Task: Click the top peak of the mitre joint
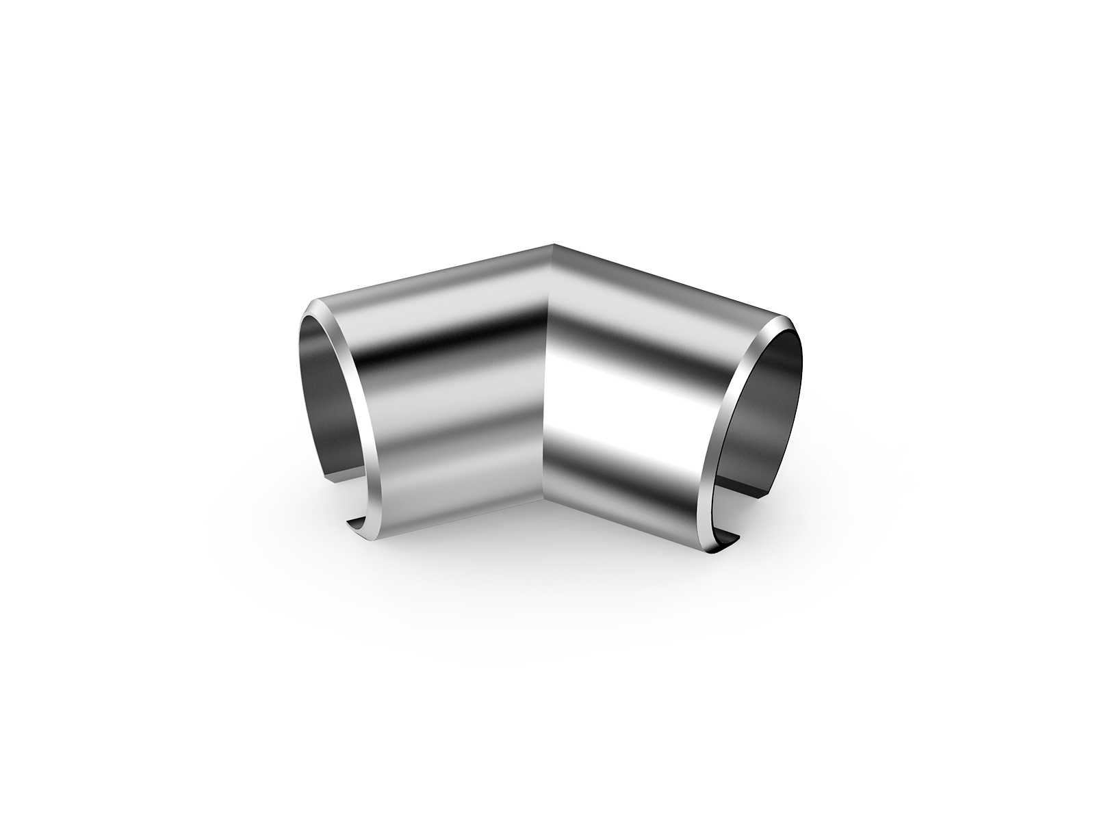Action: click(x=552, y=244)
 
